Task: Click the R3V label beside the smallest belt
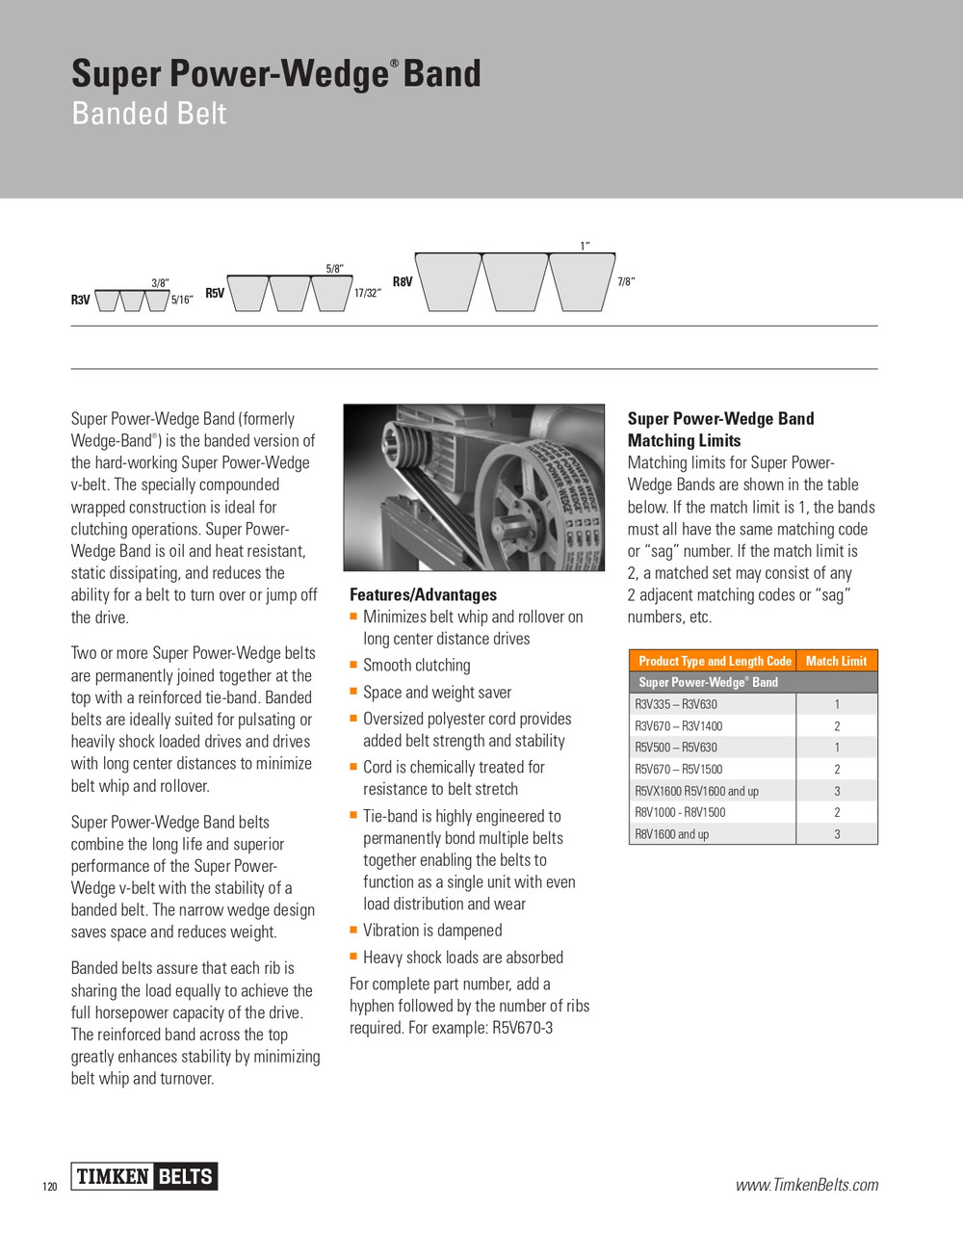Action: click(80, 301)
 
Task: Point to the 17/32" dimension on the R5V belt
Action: click(367, 293)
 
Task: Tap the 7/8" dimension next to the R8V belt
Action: click(626, 282)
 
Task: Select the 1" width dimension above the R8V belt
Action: click(584, 247)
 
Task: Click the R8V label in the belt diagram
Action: click(403, 281)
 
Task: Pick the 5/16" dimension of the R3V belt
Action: click(182, 301)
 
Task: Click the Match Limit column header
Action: click(836, 661)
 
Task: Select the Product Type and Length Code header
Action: click(715, 661)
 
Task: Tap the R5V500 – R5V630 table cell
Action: click(676, 748)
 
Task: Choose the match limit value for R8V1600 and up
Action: click(837, 834)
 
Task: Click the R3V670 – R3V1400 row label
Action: click(678, 726)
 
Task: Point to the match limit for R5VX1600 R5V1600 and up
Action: click(837, 791)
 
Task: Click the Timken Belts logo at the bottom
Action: click(144, 1176)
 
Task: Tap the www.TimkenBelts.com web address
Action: click(807, 1185)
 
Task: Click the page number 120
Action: click(50, 1187)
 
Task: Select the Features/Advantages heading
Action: click(423, 595)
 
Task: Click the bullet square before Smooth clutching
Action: click(353, 665)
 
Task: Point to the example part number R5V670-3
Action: click(523, 1028)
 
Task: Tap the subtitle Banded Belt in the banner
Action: click(149, 114)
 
